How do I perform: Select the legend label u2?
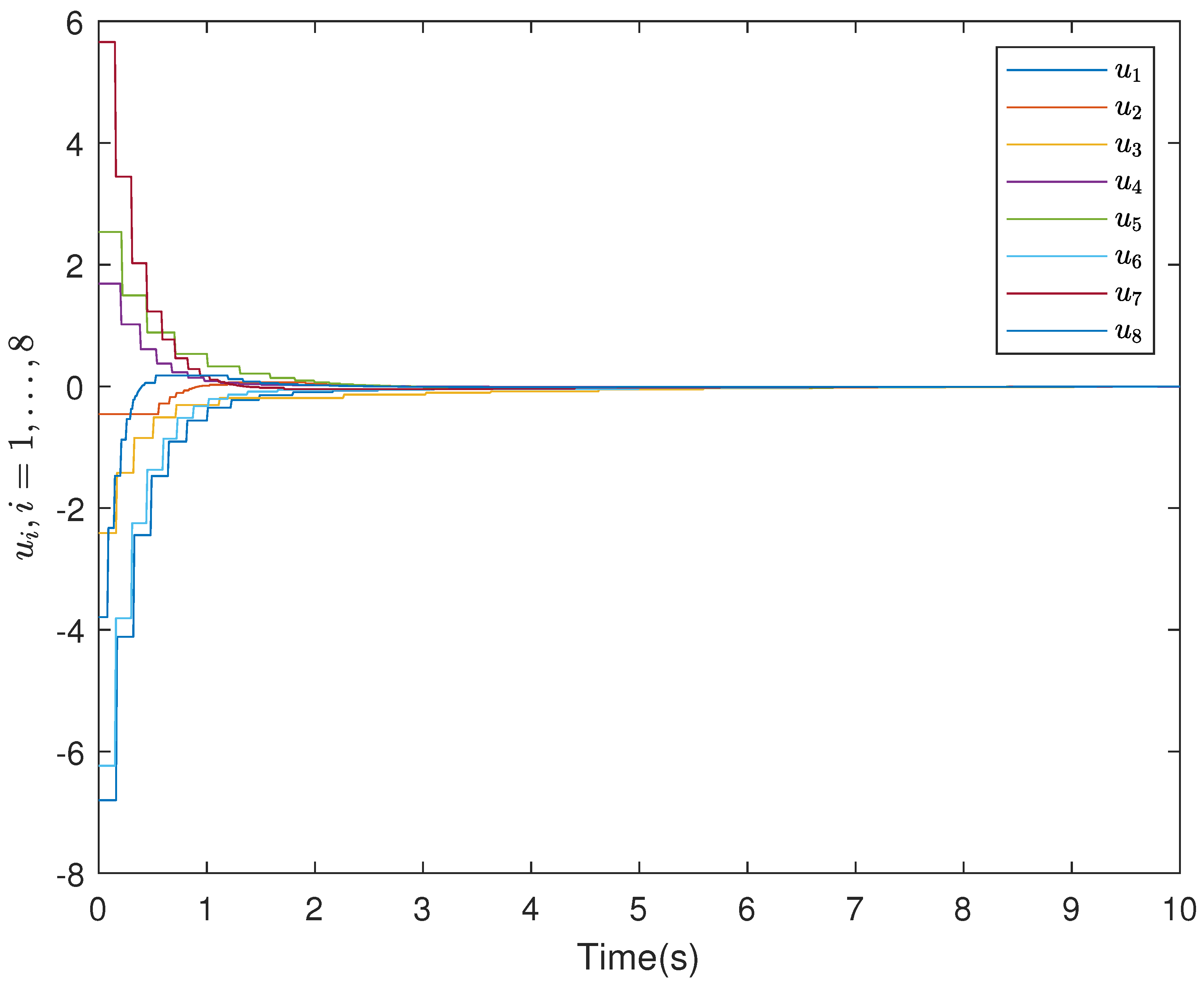coord(1127,109)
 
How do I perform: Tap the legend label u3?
coord(1127,146)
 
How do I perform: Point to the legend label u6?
coord(1127,258)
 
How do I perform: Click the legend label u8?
coord(1127,333)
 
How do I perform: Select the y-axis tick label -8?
coord(70,876)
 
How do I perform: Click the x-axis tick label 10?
coord(1179,910)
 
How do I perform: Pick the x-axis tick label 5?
coord(638,910)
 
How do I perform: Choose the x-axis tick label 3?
coord(422,910)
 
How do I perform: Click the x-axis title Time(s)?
coord(638,957)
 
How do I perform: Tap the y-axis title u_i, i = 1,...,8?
coord(24,447)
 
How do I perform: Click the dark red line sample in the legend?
coord(1056,294)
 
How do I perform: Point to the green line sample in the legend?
coord(1056,219)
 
